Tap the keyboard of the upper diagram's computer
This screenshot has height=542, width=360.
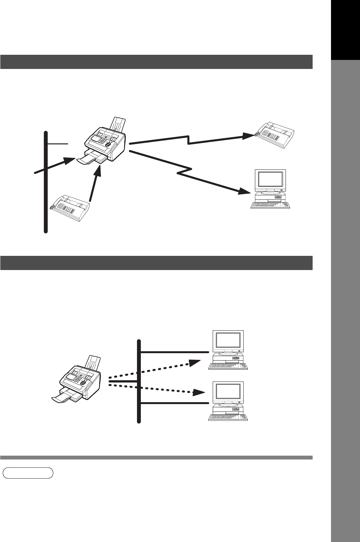click(x=270, y=205)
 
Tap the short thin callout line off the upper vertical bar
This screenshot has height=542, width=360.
click(x=58, y=144)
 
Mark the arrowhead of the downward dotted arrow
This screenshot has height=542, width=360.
click(x=199, y=392)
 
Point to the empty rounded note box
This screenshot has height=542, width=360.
click(x=28, y=473)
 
